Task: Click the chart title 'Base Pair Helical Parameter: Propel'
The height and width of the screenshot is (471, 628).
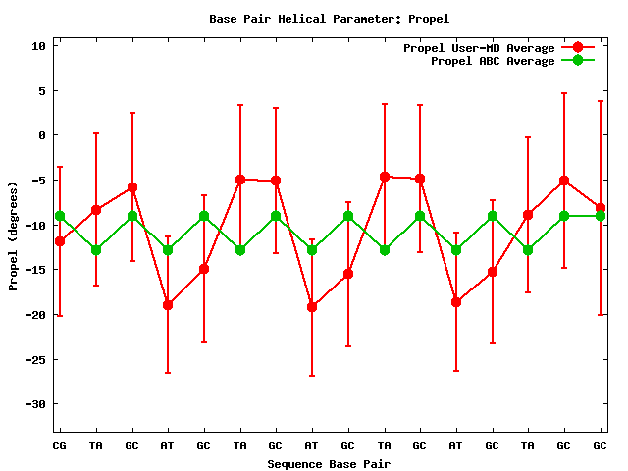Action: [315, 19]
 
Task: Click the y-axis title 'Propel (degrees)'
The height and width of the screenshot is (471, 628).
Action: [14, 235]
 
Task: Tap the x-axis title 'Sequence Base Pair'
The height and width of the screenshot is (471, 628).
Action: [329, 464]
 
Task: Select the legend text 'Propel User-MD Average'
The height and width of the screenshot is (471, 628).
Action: [479, 48]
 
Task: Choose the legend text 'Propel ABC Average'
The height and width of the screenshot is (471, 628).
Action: [493, 61]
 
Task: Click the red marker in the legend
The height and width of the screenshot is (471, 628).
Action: [578, 48]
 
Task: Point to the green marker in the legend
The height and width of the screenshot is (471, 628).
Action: [578, 61]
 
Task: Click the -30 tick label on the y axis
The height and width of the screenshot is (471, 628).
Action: [35, 404]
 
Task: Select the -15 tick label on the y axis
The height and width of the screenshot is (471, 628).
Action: [35, 270]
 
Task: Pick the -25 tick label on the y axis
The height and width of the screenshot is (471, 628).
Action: [35, 359]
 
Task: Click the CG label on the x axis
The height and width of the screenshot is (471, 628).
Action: [60, 445]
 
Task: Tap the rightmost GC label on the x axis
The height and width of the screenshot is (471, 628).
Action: [600, 445]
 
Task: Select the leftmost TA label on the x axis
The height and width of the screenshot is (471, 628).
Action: [96, 445]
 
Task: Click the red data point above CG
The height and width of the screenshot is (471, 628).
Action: [60, 241]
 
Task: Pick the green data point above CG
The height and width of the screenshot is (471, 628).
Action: [60, 216]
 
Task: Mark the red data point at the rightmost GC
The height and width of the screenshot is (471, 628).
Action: [600, 209]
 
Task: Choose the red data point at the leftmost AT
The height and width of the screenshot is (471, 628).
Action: [168, 305]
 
